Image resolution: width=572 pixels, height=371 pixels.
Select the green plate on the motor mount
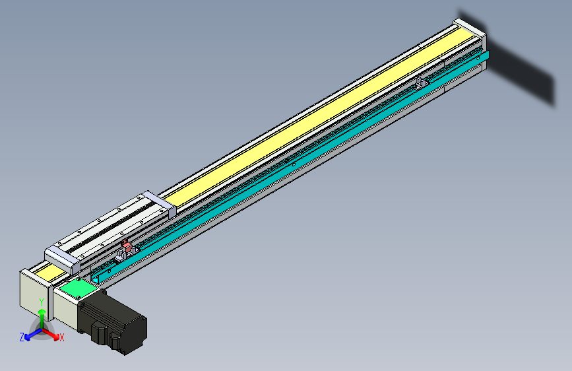75,289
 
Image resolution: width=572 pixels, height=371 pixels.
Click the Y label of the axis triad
42,302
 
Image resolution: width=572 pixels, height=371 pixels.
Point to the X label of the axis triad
62,338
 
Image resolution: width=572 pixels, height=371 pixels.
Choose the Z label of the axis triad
21,337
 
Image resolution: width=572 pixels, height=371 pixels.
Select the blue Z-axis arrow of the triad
30,335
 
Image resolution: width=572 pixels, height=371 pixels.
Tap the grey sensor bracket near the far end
420,83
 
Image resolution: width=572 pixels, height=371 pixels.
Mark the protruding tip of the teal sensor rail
486,58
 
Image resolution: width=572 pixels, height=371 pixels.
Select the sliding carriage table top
109,224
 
